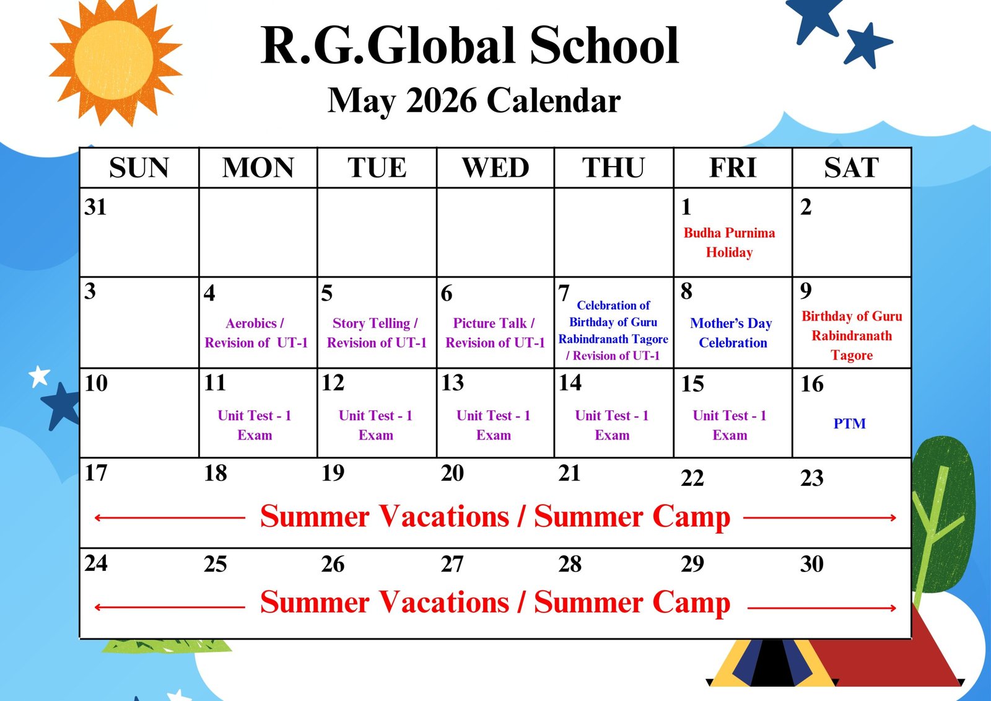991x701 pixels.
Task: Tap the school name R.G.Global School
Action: pos(469,46)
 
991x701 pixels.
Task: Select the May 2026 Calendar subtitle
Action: pos(474,101)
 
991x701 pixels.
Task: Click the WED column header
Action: pos(495,167)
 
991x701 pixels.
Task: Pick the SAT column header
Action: pos(851,167)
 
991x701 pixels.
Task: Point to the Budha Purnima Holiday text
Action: pos(729,242)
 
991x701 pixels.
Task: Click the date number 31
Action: pos(95,207)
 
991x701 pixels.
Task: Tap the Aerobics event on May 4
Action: pos(256,333)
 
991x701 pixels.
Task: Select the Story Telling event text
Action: pos(377,333)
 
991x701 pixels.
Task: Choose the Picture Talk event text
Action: pos(495,333)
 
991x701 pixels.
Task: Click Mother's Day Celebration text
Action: pos(731,333)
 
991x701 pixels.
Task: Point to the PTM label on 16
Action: pos(849,423)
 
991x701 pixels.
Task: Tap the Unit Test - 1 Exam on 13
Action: pos(493,425)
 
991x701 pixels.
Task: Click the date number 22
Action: pos(692,478)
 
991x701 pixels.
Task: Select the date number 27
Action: pos(452,564)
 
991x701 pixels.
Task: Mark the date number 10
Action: pos(96,384)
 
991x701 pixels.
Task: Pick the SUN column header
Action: pos(139,167)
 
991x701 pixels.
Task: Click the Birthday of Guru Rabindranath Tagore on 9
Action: pos(852,336)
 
